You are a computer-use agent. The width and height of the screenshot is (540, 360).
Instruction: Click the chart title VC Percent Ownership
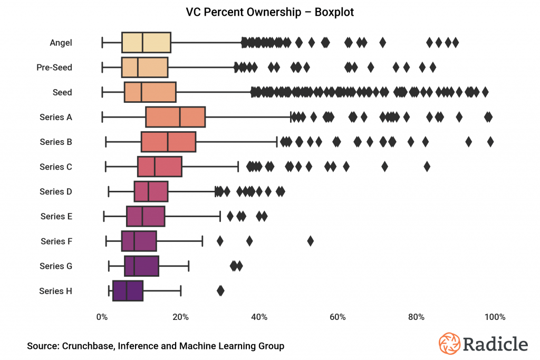pyautogui.click(x=270, y=12)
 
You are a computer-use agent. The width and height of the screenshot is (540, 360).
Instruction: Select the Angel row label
pyautogui.click(x=61, y=43)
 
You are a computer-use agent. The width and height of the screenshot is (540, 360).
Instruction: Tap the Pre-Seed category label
pyautogui.click(x=54, y=67)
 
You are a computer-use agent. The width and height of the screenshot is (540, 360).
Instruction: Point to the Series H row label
pyautogui.click(x=55, y=291)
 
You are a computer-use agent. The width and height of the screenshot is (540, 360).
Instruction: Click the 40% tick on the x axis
pyautogui.click(x=259, y=317)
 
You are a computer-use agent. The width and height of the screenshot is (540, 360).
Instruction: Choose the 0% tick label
pyautogui.click(x=102, y=317)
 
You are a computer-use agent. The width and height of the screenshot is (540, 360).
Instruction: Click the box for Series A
pyautogui.click(x=175, y=117)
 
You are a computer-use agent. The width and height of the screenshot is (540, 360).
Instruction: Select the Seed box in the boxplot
pyautogui.click(x=150, y=92)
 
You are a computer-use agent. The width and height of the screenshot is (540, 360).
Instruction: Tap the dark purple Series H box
pyautogui.click(x=128, y=291)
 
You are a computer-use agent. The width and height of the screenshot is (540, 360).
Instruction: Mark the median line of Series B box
pyautogui.click(x=168, y=142)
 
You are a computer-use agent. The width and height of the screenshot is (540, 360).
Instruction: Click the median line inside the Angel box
pyautogui.click(x=142, y=43)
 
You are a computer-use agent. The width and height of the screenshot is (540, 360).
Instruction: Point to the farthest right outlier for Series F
pyautogui.click(x=310, y=241)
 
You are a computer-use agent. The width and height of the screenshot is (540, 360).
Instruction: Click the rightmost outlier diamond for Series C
pyautogui.click(x=427, y=167)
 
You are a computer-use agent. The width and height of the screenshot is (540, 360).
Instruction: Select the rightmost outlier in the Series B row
pyautogui.click(x=490, y=141)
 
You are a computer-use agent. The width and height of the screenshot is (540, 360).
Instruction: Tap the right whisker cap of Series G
pyautogui.click(x=189, y=266)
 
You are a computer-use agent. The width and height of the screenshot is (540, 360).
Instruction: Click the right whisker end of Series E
pyautogui.click(x=220, y=216)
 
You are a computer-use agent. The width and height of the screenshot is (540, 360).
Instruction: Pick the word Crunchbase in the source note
pyautogui.click(x=87, y=346)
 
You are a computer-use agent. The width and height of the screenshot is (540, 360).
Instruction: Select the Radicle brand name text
pyautogui.click(x=495, y=344)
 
